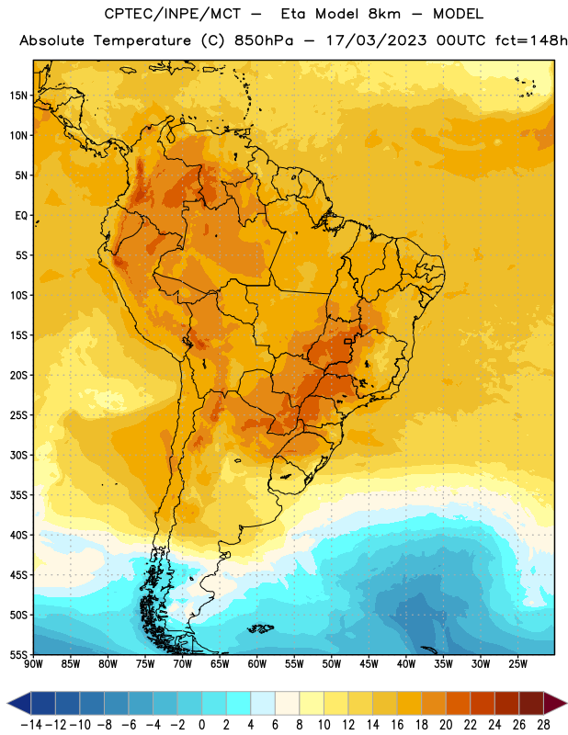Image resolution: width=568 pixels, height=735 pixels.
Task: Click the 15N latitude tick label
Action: (18, 96)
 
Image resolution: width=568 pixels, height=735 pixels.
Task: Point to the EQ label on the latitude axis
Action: (21, 216)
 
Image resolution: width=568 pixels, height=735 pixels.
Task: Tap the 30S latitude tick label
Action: (18, 455)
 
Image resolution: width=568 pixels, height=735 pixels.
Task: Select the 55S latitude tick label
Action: (18, 655)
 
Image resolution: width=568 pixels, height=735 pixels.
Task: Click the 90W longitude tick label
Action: (33, 664)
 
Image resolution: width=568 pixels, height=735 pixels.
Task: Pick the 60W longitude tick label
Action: (257, 664)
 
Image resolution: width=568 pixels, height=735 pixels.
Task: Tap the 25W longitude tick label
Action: (517, 664)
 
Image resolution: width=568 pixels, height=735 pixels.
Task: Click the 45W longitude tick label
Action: (369, 664)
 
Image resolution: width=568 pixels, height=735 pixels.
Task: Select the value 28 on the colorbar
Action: (543, 725)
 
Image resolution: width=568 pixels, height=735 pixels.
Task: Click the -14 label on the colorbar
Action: (30, 725)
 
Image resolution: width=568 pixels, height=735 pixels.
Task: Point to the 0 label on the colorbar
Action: (201, 725)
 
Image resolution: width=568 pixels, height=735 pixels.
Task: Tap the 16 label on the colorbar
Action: (397, 725)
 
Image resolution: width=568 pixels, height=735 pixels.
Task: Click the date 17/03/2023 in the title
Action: (376, 40)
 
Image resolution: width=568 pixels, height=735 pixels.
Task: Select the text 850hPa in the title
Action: (264, 40)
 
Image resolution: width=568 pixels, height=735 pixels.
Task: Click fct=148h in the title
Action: (531, 40)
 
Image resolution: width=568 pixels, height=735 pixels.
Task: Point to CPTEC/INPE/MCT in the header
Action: (172, 14)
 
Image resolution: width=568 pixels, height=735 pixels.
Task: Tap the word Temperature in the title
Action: (142, 41)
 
